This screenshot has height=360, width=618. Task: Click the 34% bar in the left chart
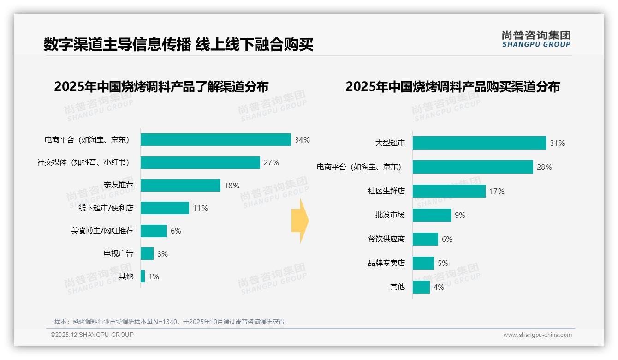pyautogui.click(x=215, y=140)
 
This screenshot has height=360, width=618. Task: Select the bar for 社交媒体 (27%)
pyautogui.click(x=200, y=162)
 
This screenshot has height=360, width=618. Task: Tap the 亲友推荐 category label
pyautogui.click(x=118, y=185)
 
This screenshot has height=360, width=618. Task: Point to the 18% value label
pyautogui.click(x=232, y=186)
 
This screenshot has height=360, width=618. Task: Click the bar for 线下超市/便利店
pyautogui.click(x=165, y=208)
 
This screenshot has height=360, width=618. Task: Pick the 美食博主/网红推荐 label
pyautogui.click(x=102, y=231)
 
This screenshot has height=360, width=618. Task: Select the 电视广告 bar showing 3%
pyautogui.click(x=147, y=253)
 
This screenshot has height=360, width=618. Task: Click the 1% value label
pyautogui.click(x=154, y=276)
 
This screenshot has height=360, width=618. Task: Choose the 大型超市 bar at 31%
pyautogui.click(x=479, y=143)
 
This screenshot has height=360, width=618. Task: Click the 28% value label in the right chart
pyautogui.click(x=544, y=167)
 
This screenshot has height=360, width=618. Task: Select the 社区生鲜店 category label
pyautogui.click(x=386, y=191)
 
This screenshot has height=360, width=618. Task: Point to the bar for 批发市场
pyautogui.click(x=432, y=215)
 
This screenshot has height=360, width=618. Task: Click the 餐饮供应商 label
pyautogui.click(x=386, y=239)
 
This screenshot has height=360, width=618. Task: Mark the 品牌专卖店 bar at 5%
pyautogui.click(x=423, y=263)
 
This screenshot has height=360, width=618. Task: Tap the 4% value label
pyautogui.click(x=439, y=287)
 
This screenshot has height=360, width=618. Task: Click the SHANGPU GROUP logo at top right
pyautogui.click(x=536, y=39)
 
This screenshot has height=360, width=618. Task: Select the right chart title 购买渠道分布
pyautogui.click(x=452, y=87)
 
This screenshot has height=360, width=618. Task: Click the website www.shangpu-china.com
pyautogui.click(x=537, y=335)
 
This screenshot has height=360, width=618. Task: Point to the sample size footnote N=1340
pyautogui.click(x=169, y=322)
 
